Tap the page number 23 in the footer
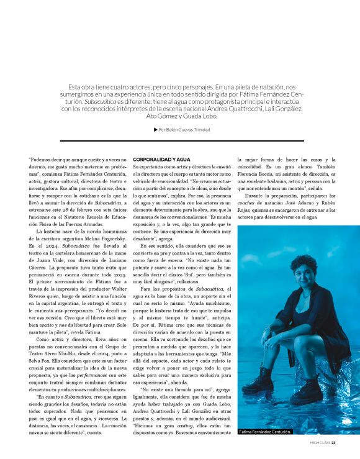click(333, 443)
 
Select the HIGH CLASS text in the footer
click(319, 443)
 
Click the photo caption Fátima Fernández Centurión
click(266, 430)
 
